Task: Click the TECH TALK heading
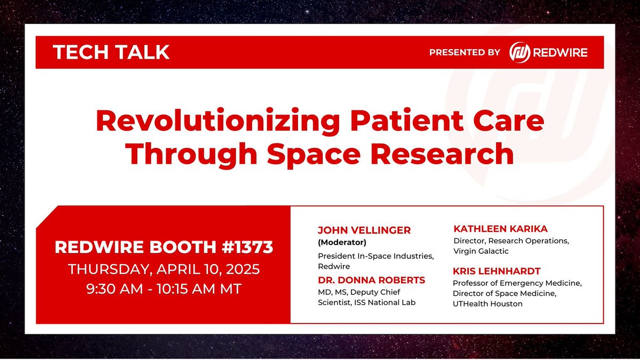(x=111, y=52)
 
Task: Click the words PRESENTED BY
(x=465, y=52)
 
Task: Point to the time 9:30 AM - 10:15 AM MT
(x=164, y=290)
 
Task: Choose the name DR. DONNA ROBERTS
(x=371, y=281)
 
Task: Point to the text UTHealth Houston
(x=487, y=304)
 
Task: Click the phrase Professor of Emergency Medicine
(x=510, y=283)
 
